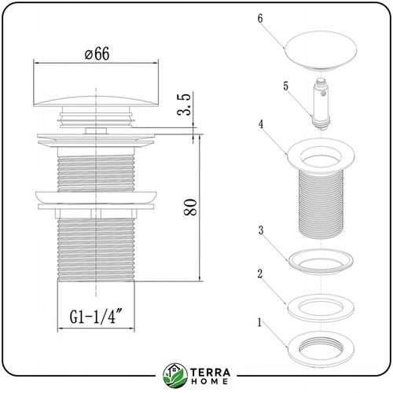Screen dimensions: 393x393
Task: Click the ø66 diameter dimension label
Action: [97, 54]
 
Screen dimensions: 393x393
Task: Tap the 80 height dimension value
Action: [190, 208]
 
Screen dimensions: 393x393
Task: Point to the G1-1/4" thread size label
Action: [96, 316]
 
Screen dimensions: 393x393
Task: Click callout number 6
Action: [260, 18]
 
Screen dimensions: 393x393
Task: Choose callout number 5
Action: [285, 86]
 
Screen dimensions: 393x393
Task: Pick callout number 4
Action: [261, 124]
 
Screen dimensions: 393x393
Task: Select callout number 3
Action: [261, 230]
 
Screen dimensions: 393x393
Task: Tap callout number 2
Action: [260, 274]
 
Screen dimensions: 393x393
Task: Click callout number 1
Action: [259, 322]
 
